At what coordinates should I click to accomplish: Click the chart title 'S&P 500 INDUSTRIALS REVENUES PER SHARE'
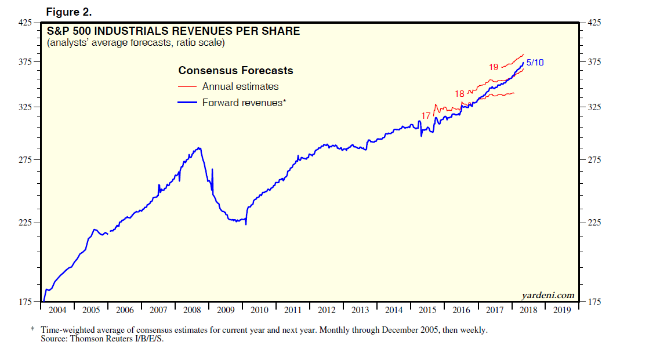(x=173, y=31)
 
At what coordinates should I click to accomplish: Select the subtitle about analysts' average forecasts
(x=136, y=42)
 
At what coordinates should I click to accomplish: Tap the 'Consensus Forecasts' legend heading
(x=235, y=71)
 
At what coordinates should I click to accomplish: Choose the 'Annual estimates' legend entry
(x=240, y=86)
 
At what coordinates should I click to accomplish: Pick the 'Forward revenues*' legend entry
(x=244, y=103)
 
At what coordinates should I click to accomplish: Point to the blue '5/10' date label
(x=535, y=63)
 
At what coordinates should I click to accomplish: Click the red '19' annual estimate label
(x=494, y=67)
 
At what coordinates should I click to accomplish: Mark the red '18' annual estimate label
(x=459, y=93)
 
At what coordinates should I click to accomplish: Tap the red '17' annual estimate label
(x=426, y=116)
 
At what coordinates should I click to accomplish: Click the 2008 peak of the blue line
(x=200, y=148)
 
